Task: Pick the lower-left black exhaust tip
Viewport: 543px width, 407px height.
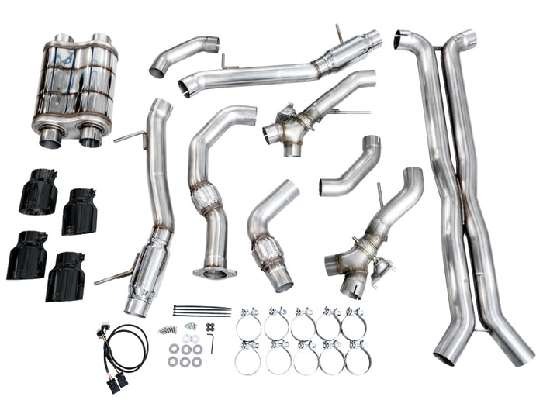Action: click(x=27, y=255)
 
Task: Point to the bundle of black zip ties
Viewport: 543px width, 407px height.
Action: click(x=202, y=311)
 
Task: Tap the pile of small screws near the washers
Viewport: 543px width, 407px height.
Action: click(x=168, y=329)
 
